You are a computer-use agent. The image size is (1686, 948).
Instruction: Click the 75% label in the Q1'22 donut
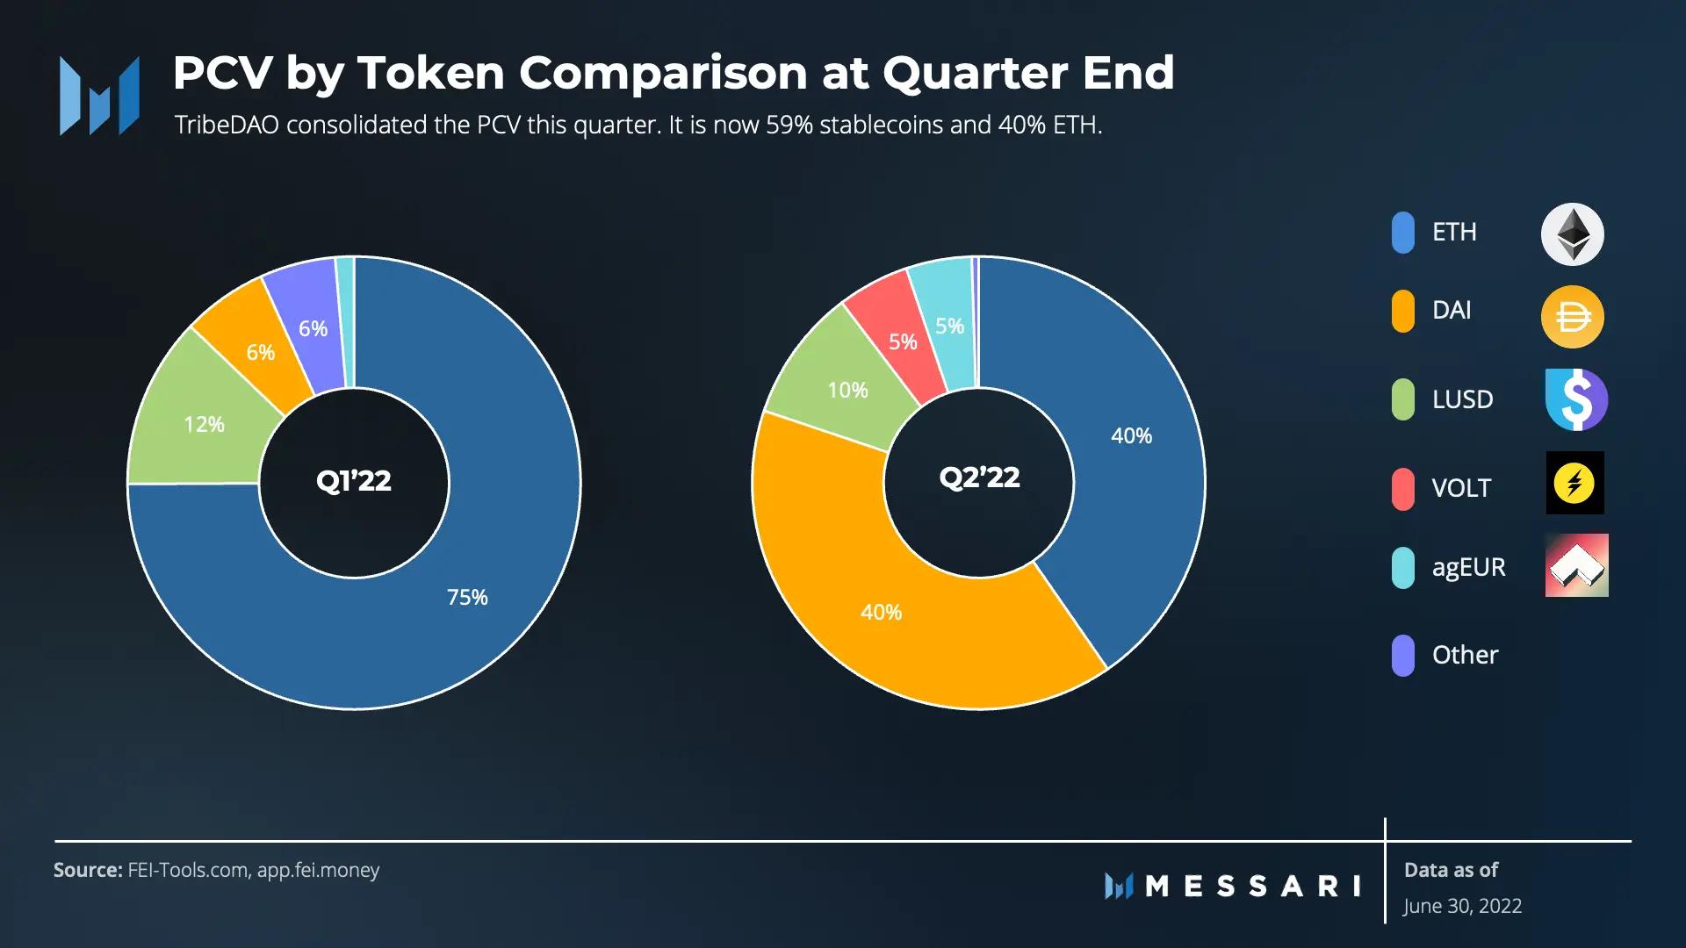(467, 598)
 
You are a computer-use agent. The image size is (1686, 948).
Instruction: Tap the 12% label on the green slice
(204, 425)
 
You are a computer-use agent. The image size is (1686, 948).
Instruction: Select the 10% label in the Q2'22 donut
(847, 391)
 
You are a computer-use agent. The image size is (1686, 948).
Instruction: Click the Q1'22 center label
(354, 481)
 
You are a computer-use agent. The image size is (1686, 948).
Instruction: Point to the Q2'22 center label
(979, 478)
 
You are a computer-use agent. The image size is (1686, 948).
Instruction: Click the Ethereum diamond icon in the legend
(1573, 234)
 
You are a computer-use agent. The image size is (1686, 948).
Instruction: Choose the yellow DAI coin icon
(1573, 317)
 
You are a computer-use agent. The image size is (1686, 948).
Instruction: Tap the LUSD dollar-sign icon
(1576, 399)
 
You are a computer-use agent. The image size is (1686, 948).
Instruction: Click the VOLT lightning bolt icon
(1574, 483)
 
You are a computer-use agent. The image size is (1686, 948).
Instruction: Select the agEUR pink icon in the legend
(1576, 565)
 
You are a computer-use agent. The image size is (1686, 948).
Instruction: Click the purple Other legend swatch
(1403, 656)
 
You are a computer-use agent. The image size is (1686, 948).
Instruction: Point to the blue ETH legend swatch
(1403, 233)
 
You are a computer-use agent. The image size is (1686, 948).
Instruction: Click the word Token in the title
(430, 73)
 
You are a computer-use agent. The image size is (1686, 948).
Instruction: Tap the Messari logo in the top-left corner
(99, 96)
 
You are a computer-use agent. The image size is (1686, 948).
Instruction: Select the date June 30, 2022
(1462, 906)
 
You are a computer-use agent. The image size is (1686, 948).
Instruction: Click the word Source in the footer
(87, 870)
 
